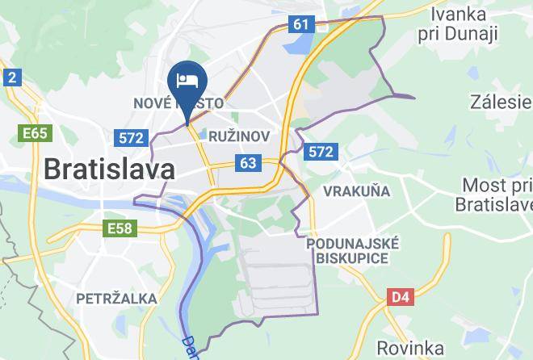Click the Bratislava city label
(108, 170)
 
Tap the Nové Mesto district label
(178, 104)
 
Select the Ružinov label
(238, 136)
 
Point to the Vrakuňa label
(356, 191)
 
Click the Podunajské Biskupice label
(353, 250)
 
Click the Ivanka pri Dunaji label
(464, 24)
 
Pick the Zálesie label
(502, 102)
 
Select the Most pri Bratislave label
(494, 195)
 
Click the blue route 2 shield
(11, 77)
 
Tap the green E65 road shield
(36, 132)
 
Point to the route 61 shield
(301, 24)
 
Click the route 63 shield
(248, 164)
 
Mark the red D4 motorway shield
(400, 297)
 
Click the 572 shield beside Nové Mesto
(131, 138)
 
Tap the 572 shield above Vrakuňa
(321, 151)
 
